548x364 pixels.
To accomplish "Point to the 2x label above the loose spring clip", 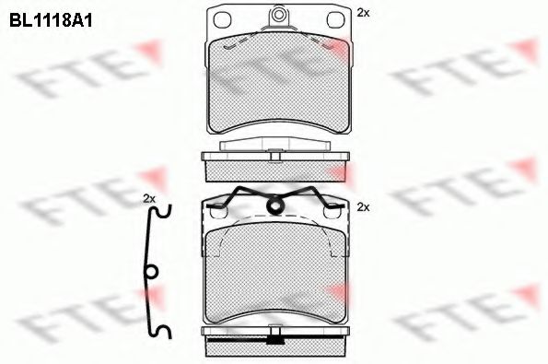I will pos(150,199).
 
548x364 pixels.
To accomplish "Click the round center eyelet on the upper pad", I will pos(276,16).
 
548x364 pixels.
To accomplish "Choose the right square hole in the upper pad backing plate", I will pos(334,24).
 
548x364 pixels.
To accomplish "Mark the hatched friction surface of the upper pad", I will pos(276,88).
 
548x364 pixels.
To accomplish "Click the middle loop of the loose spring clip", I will pos(153,271).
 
